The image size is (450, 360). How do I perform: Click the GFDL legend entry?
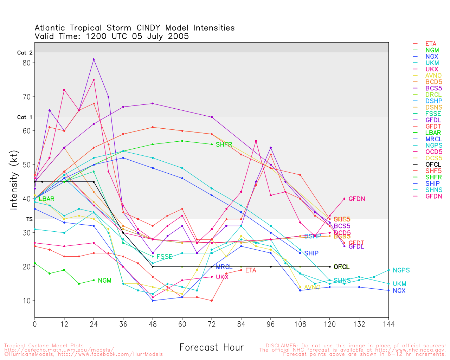(x=433, y=120)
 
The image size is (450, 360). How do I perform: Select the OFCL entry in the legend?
(x=433, y=165)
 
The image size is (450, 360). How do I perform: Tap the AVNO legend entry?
(x=433, y=76)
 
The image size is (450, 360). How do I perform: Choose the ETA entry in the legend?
(x=431, y=44)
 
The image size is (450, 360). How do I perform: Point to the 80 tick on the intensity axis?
(x=27, y=63)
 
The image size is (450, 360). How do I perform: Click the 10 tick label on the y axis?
(x=27, y=301)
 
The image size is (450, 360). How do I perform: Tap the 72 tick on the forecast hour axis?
(x=212, y=324)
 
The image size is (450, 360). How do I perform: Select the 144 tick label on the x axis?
(x=388, y=324)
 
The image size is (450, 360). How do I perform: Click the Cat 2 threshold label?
(x=25, y=53)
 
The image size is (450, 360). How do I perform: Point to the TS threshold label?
(x=29, y=219)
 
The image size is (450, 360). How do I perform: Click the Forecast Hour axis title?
(x=211, y=348)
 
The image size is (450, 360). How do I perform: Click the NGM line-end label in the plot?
(x=104, y=281)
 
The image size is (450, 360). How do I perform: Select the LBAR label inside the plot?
(x=46, y=199)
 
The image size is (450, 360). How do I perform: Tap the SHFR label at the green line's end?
(x=224, y=144)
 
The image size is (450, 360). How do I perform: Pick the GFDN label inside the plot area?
(x=356, y=199)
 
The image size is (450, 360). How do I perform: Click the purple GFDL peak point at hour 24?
(x=94, y=59)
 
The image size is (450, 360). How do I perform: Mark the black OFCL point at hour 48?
(x=153, y=267)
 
